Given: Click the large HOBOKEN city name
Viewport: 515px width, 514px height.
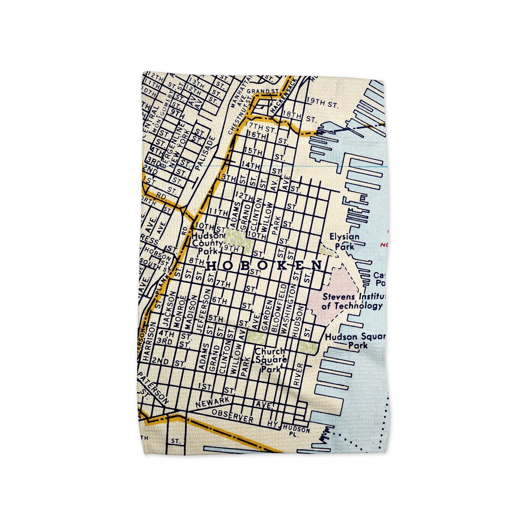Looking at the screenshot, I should tap(265, 266).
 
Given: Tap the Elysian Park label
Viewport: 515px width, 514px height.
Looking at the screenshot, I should tap(344, 241).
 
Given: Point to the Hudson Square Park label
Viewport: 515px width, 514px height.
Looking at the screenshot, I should tap(355, 341).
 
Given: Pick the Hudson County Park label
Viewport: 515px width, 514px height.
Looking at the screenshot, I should tap(207, 243).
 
